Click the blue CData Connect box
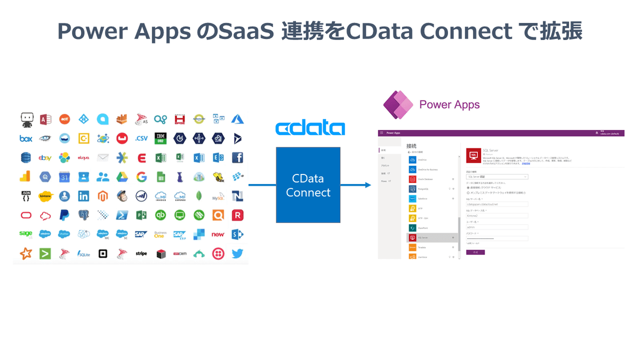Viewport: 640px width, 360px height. point(308,185)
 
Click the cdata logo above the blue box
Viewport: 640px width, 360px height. point(310,129)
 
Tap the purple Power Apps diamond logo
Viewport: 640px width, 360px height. point(397,104)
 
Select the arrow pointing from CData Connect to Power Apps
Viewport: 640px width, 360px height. point(355,185)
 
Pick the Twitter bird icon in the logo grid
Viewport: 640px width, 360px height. point(237,254)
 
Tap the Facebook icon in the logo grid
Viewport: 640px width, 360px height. point(237,158)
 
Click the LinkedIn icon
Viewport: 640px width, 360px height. point(83,196)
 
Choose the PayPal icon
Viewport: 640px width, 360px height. point(65,215)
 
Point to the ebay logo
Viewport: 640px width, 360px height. point(45,158)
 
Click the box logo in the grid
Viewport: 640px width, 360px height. point(26,139)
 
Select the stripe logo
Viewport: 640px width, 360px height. point(141,254)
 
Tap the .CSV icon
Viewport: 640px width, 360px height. point(141,139)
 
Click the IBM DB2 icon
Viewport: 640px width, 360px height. point(160,139)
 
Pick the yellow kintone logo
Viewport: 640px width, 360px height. point(45,196)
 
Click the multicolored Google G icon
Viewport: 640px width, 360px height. point(141,177)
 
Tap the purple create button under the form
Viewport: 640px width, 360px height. point(475,252)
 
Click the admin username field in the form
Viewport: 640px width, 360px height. point(497,227)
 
